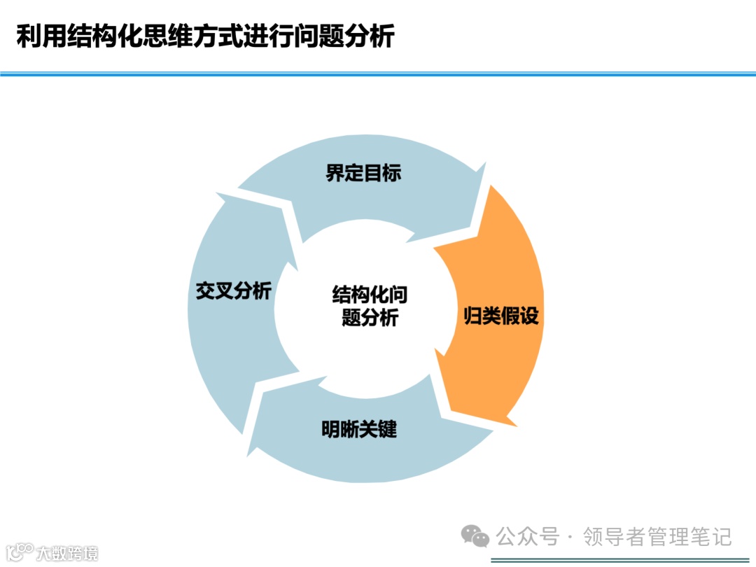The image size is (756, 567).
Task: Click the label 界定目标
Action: pyautogui.click(x=363, y=174)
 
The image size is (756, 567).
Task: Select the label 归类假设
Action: pyautogui.click(x=501, y=316)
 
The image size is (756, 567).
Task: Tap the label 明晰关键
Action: pyautogui.click(x=359, y=428)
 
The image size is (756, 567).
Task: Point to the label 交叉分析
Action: pyautogui.click(x=233, y=292)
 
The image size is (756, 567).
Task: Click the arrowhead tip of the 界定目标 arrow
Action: pyautogui.click(x=484, y=164)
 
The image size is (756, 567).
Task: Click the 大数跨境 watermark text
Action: pyautogui.click(x=67, y=553)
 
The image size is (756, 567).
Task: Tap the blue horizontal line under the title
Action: pyautogui.click(x=378, y=73)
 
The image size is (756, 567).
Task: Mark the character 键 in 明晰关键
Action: pyautogui.click(x=387, y=428)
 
